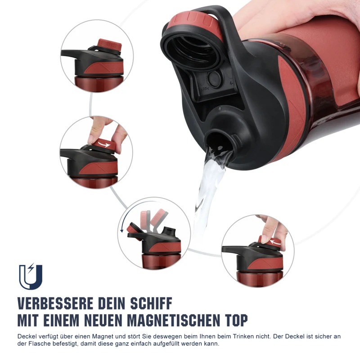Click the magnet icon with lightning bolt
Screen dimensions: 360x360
31,276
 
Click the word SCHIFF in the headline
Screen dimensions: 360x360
151,303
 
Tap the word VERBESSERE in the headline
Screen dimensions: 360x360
55,303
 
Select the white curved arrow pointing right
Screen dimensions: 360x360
104,144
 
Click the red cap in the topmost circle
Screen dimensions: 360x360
109,44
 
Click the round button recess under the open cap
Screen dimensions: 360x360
214,79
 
